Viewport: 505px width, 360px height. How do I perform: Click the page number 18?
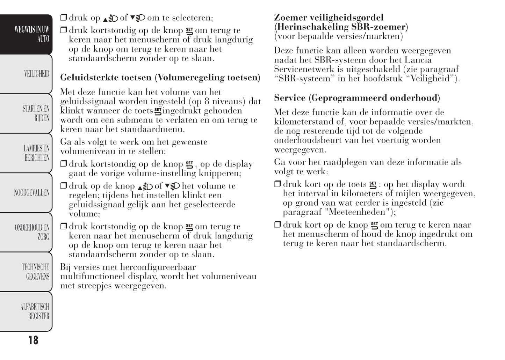(33, 340)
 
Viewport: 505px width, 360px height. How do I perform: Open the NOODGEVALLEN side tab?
(31, 192)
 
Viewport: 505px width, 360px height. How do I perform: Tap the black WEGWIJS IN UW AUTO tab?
(32, 34)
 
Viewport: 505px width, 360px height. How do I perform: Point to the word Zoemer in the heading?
(290, 17)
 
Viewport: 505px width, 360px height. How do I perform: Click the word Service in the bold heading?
(290, 98)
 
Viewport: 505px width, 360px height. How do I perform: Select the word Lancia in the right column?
(418, 60)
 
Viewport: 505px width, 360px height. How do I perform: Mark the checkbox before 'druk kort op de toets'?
(277, 184)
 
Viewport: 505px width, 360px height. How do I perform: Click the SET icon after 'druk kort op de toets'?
(373, 184)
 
